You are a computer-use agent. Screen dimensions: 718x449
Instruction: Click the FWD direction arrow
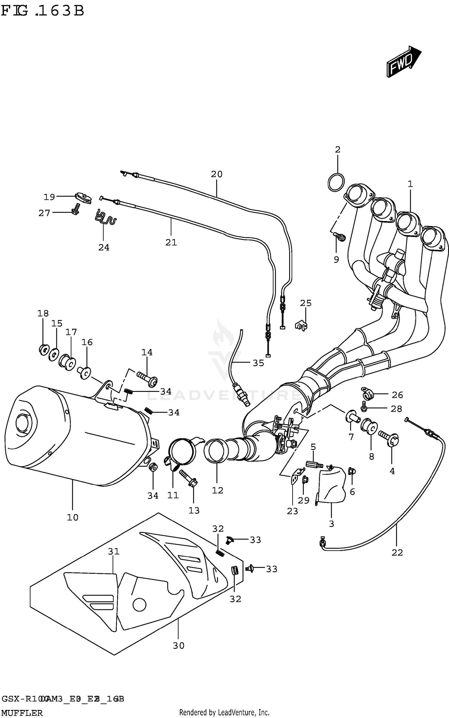point(403,62)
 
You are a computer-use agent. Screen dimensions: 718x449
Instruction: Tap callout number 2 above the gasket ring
point(337,150)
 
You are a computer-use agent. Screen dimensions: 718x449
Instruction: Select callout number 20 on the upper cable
point(216,174)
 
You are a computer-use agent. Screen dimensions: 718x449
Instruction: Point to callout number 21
point(171,242)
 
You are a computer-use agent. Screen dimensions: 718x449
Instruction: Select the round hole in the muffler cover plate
point(139,605)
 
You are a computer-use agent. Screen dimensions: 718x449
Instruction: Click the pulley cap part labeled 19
point(83,198)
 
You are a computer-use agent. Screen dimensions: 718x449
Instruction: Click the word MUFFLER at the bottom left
point(22,713)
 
